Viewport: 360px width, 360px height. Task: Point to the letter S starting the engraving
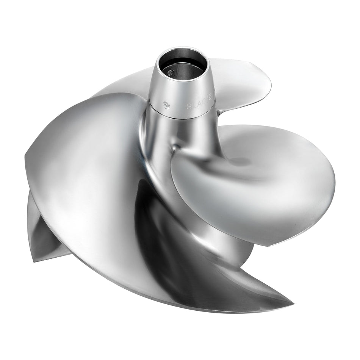coord(188,107)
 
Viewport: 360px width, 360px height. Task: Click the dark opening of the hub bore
coord(182,66)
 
